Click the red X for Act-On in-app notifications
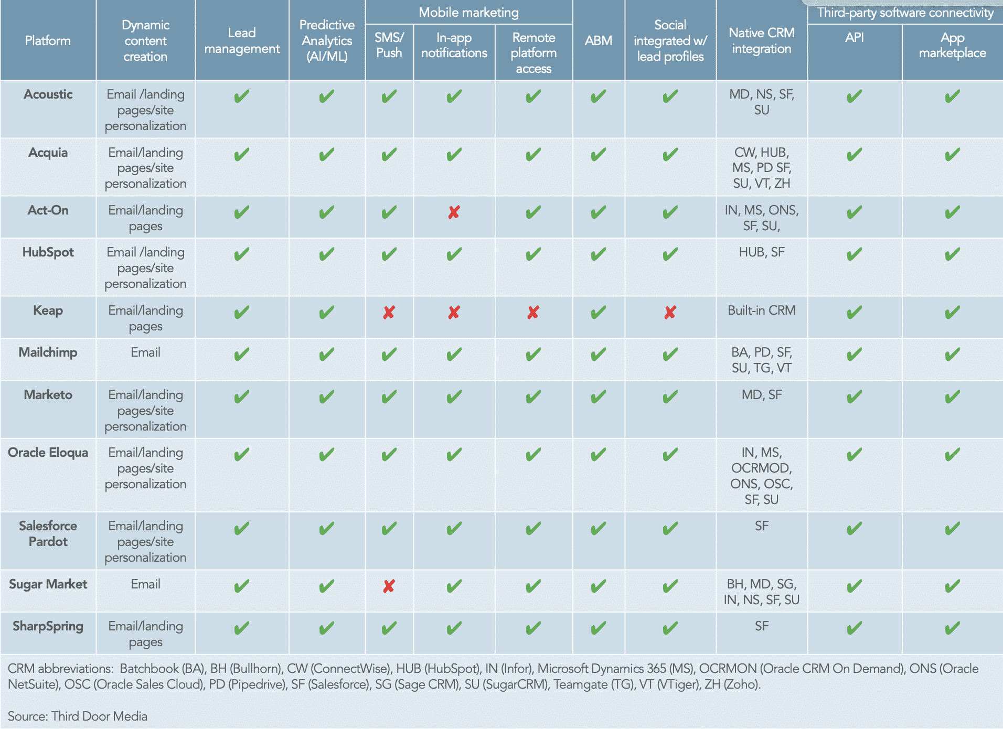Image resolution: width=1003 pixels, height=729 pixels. coord(454,212)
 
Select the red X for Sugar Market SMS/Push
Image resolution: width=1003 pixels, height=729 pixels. coord(389,586)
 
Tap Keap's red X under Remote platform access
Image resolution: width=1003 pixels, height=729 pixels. coord(533,313)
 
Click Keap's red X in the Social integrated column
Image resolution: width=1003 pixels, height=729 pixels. coord(670,313)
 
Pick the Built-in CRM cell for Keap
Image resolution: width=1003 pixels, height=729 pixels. coord(761,310)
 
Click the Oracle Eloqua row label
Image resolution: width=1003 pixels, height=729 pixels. coord(48,453)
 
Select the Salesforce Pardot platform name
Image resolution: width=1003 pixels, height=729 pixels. coord(48,534)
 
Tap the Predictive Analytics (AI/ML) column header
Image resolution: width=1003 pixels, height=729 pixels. coord(327,40)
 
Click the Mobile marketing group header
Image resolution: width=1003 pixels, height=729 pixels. coord(468,12)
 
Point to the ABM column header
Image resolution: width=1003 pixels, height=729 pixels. coord(598,40)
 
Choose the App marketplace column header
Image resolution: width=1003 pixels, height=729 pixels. coord(952,45)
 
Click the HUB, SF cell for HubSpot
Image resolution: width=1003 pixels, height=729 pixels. coord(761,252)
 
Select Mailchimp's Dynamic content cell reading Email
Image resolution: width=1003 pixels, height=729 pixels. coord(145,352)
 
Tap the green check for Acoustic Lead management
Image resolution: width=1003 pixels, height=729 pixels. coord(242,97)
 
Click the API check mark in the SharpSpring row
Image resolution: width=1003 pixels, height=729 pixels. coord(854,628)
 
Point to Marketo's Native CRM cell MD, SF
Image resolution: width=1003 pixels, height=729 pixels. coord(761,395)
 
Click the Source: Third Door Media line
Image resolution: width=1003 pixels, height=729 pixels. coord(78,716)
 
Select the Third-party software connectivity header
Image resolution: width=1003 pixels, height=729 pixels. coord(905,12)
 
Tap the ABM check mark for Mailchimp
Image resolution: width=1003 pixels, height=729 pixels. coord(598,355)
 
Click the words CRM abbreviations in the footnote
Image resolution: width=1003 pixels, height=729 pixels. coord(60,669)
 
